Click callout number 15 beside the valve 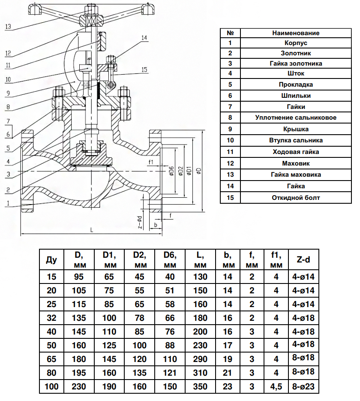144,70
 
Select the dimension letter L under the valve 91,230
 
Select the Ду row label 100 51,386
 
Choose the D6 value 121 170,373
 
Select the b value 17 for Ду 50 228,345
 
